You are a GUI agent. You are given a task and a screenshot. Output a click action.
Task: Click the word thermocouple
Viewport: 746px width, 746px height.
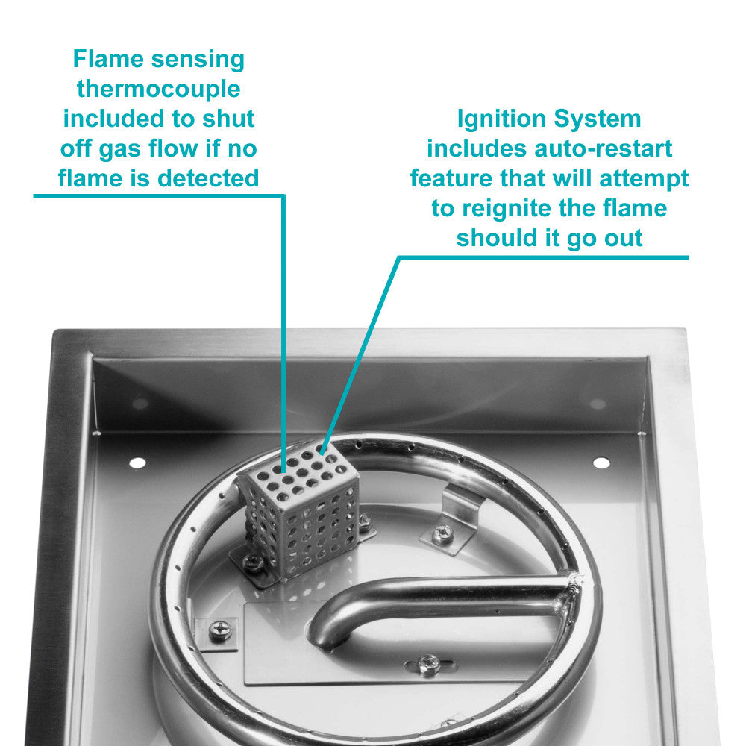(158, 89)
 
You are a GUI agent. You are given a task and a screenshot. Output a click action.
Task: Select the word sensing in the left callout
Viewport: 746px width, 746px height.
(198, 59)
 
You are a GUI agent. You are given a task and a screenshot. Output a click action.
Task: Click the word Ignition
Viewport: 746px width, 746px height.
(497, 119)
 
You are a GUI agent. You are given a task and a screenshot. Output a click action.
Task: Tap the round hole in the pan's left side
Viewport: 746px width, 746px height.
(137, 463)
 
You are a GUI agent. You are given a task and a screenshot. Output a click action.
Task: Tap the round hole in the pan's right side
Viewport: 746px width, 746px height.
(601, 463)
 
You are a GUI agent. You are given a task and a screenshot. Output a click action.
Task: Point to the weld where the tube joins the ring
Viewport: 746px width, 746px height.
(574, 589)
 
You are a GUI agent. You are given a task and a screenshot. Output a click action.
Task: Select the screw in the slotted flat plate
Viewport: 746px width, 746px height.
(427, 661)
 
